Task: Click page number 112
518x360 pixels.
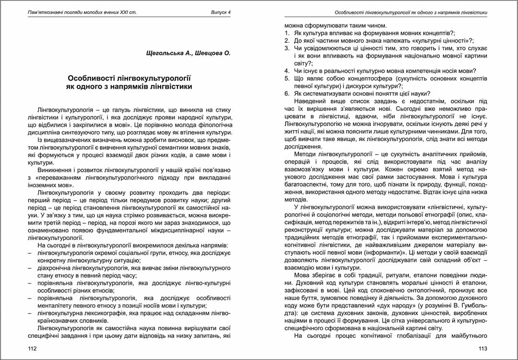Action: pos(33,348)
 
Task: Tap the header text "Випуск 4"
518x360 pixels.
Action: pos(221,12)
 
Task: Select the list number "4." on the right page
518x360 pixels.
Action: pos(287,71)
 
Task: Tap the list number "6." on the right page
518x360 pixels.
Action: pos(287,93)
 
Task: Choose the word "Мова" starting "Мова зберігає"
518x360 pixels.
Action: pos(302,275)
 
